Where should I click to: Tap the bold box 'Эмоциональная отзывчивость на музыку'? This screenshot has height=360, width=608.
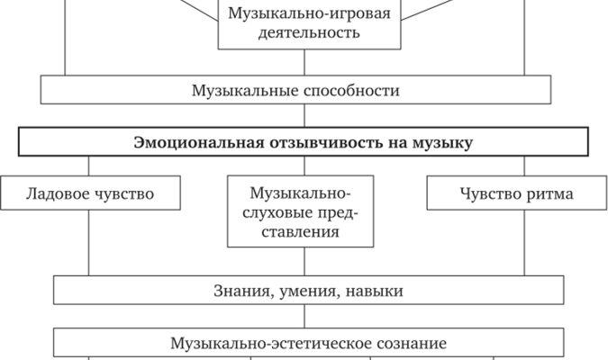point(304,142)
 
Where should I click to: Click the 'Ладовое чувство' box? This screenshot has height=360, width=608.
point(89,193)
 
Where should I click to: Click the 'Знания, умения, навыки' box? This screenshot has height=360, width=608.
point(309,291)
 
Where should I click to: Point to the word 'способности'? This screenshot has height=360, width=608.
point(349,91)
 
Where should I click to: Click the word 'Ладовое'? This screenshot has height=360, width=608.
point(56,193)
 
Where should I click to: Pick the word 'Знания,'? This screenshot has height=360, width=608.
point(242,291)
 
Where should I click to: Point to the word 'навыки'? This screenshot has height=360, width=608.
point(377,291)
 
